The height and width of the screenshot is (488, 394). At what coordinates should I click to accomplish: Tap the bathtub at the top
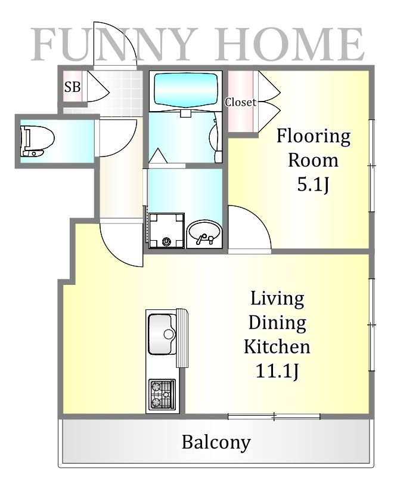coord(185,90)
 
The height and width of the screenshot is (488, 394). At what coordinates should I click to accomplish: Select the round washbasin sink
coord(204,234)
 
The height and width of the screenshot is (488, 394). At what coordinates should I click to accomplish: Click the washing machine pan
coord(166,231)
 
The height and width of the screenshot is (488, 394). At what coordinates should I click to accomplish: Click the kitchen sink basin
coord(162,334)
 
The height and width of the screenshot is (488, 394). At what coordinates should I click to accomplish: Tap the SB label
coord(72,87)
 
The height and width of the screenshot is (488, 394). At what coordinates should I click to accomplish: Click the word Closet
coord(241,102)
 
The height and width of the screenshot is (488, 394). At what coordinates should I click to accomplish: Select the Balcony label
coord(216,442)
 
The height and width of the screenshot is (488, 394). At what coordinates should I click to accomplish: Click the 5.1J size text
coord(313,185)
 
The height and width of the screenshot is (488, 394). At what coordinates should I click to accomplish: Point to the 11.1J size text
coord(277,371)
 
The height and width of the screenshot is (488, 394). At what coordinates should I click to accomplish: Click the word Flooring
coord(314,137)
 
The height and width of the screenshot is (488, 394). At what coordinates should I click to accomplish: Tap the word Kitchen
coord(277,346)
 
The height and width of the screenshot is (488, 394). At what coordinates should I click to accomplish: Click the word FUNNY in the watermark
coord(114,44)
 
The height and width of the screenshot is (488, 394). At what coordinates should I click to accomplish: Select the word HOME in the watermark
coord(290,44)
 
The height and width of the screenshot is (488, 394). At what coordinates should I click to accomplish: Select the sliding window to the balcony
coord(274,416)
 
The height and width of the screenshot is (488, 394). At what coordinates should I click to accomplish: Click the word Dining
coord(277,323)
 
